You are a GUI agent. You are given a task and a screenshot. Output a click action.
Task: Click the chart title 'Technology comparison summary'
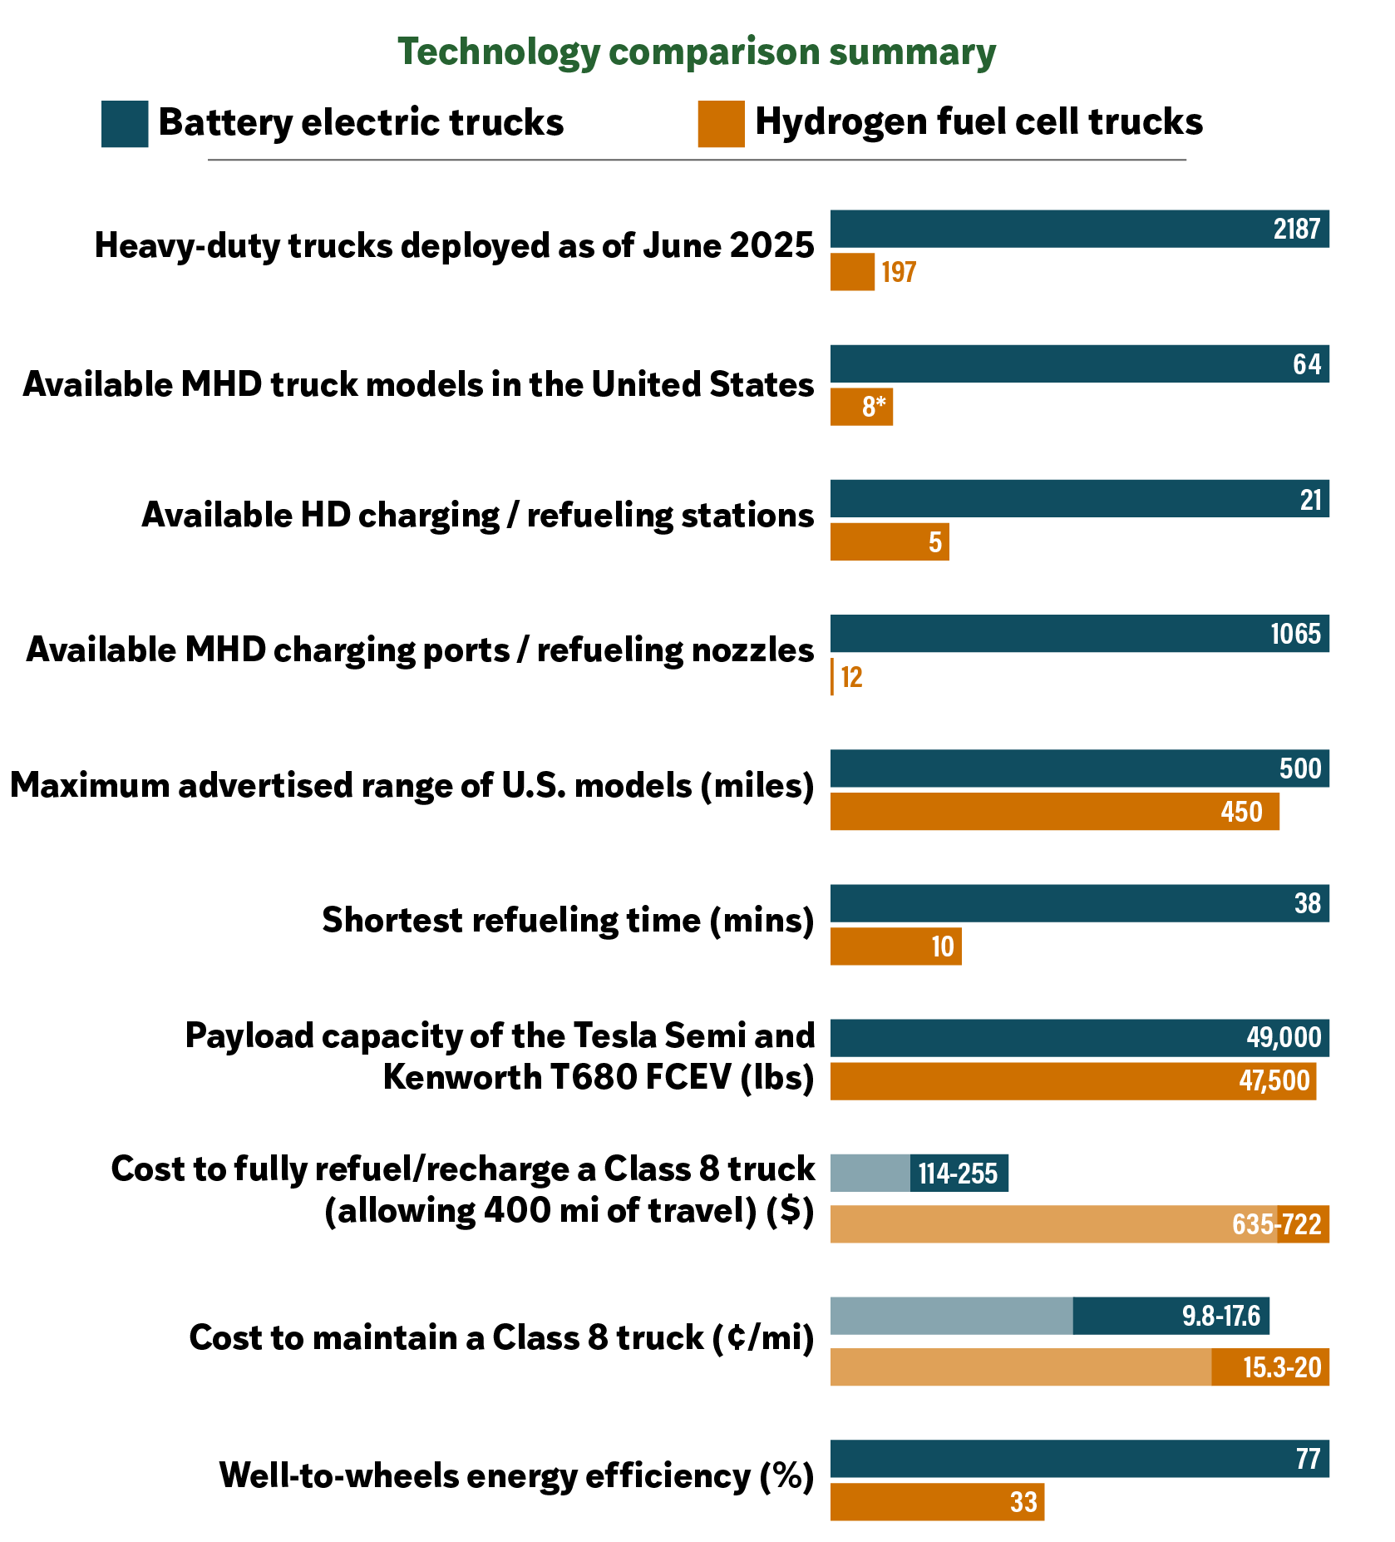click(697, 52)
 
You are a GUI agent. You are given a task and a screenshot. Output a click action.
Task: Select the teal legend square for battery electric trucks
click(125, 124)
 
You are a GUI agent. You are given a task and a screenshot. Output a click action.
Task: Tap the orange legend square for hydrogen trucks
click(721, 124)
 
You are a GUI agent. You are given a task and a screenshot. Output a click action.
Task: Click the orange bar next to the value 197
click(852, 272)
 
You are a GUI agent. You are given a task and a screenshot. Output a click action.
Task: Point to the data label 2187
click(1296, 229)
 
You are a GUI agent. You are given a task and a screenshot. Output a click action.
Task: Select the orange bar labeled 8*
click(861, 407)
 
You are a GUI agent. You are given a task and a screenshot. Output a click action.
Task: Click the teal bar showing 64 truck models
click(1079, 363)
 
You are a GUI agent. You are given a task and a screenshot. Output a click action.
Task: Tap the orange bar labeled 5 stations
click(889, 541)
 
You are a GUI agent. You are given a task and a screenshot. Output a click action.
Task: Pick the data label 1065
click(1295, 634)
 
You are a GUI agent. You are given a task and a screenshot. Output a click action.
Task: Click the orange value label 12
click(851, 677)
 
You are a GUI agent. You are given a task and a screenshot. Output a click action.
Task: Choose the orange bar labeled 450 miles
click(1054, 812)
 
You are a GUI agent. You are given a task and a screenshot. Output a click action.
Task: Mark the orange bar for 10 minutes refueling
click(895, 946)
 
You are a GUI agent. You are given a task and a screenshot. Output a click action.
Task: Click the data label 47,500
click(1274, 1081)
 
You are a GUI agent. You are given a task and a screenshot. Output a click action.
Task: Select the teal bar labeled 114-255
click(919, 1173)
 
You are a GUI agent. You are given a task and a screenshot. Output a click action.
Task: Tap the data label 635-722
click(1276, 1224)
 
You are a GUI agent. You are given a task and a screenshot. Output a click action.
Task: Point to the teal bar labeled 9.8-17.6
click(1049, 1316)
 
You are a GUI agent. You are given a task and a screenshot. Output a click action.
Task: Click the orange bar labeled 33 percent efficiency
click(937, 1502)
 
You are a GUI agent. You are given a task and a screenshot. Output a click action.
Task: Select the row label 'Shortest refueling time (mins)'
click(568, 921)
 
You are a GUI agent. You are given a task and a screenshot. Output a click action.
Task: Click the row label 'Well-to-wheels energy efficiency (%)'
click(516, 1476)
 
